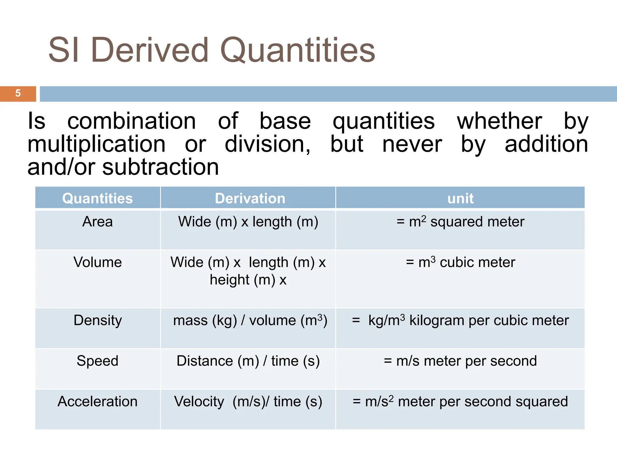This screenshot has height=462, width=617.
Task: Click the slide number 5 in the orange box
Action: [x=18, y=93]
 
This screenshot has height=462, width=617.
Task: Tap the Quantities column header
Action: [x=97, y=199]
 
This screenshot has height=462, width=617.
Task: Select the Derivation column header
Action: [x=250, y=199]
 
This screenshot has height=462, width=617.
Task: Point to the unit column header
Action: [x=460, y=199]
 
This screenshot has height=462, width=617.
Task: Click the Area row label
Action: [x=97, y=222]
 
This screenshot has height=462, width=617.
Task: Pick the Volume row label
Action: [x=97, y=262]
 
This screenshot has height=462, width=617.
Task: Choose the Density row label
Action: [x=97, y=320]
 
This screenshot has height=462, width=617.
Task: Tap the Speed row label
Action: [x=97, y=361]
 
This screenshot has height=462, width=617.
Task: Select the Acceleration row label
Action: [x=97, y=402]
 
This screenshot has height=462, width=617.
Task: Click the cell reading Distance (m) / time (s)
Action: [x=248, y=361]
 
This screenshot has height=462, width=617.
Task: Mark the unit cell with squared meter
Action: [x=460, y=222]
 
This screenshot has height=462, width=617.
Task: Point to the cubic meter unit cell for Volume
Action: [x=460, y=262]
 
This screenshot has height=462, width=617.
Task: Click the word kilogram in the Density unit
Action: [x=437, y=321]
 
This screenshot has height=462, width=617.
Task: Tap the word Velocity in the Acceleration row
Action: [x=199, y=402]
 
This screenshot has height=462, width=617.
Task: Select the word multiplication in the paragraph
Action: [x=96, y=144]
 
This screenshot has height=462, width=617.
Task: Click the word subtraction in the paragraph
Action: [x=160, y=167]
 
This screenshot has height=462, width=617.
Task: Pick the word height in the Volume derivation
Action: [x=230, y=280]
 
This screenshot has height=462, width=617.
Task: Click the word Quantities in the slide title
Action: [x=298, y=50]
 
